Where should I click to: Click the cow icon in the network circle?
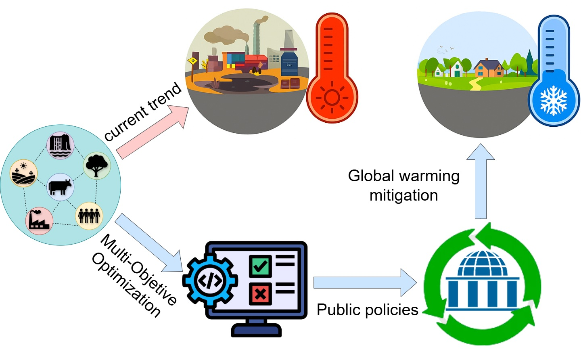coord(60,187)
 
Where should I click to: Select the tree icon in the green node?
coord(96,165)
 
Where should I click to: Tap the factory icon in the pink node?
coord(39,221)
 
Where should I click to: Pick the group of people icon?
coord(89,215)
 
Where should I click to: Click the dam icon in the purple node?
coord(61,145)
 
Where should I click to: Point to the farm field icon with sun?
coord(23,173)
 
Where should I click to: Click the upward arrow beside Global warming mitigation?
coord(481,181)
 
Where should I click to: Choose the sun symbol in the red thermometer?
coord(332,98)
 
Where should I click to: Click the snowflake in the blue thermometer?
coord(554,100)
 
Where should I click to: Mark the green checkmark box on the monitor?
coord(260,266)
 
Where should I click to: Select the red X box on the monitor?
coord(260,293)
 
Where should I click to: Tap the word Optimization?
coord(126,285)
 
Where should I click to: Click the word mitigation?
coord(403,195)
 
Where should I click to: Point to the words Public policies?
coord(367,310)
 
